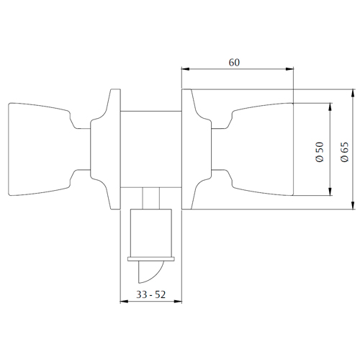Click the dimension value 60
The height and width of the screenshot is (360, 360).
click(234, 63)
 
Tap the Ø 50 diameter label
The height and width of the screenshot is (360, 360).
click(320, 152)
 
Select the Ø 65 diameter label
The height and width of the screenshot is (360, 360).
click(344, 152)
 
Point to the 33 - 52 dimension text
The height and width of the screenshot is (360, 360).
click(151, 294)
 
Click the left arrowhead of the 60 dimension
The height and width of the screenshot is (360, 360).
click(186, 69)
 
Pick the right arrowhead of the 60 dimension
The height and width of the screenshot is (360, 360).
click(289, 69)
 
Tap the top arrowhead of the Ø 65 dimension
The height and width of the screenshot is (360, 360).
click(353, 93)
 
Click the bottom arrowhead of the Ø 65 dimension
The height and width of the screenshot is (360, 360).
click(353, 205)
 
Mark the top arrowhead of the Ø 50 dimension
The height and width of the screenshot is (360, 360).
click(330, 107)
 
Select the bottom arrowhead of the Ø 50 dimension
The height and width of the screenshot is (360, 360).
click(330, 192)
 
